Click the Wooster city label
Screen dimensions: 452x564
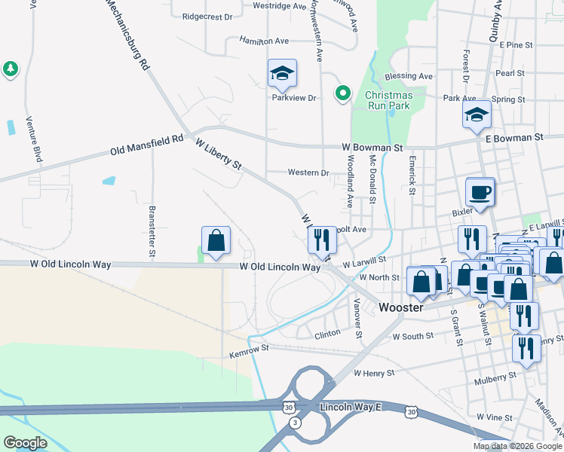pyautogui.click(x=401, y=307)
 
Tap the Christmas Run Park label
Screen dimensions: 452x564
pyautogui.click(x=388, y=101)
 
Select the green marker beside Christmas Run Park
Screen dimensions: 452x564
pyautogui.click(x=343, y=93)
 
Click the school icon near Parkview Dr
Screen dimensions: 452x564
pyautogui.click(x=282, y=74)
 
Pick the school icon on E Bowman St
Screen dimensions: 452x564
pyautogui.click(x=477, y=115)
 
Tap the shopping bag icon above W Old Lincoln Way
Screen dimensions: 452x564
pyautogui.click(x=216, y=241)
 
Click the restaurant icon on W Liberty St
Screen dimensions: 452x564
pyautogui.click(x=322, y=240)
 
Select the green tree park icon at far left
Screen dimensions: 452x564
pyautogui.click(x=10, y=69)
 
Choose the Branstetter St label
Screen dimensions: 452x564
pyautogui.click(x=152, y=221)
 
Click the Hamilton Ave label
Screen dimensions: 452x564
pyautogui.click(x=265, y=40)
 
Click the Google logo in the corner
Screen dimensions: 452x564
pyautogui.click(x=26, y=443)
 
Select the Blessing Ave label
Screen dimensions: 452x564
pyautogui.click(x=408, y=76)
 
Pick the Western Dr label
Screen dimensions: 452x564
pyautogui.click(x=308, y=173)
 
